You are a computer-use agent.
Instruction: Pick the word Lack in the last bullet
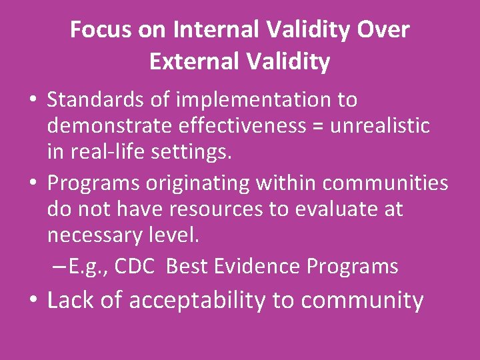click(69, 301)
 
